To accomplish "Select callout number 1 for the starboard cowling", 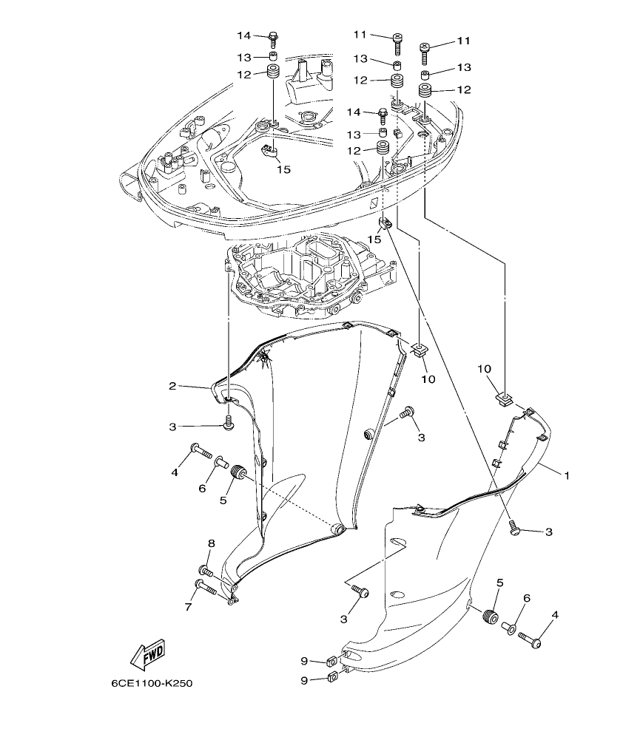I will coord(567,476).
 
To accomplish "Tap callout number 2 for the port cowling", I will coord(172,386).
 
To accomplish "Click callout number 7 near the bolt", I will coord(188,607).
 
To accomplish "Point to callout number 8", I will coord(211,544).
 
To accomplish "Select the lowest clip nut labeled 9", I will coord(332,676).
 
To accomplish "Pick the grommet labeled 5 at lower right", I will coord(489,617).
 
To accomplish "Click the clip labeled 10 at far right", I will coord(503,400).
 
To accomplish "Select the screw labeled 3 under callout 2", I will coord(229,424).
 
